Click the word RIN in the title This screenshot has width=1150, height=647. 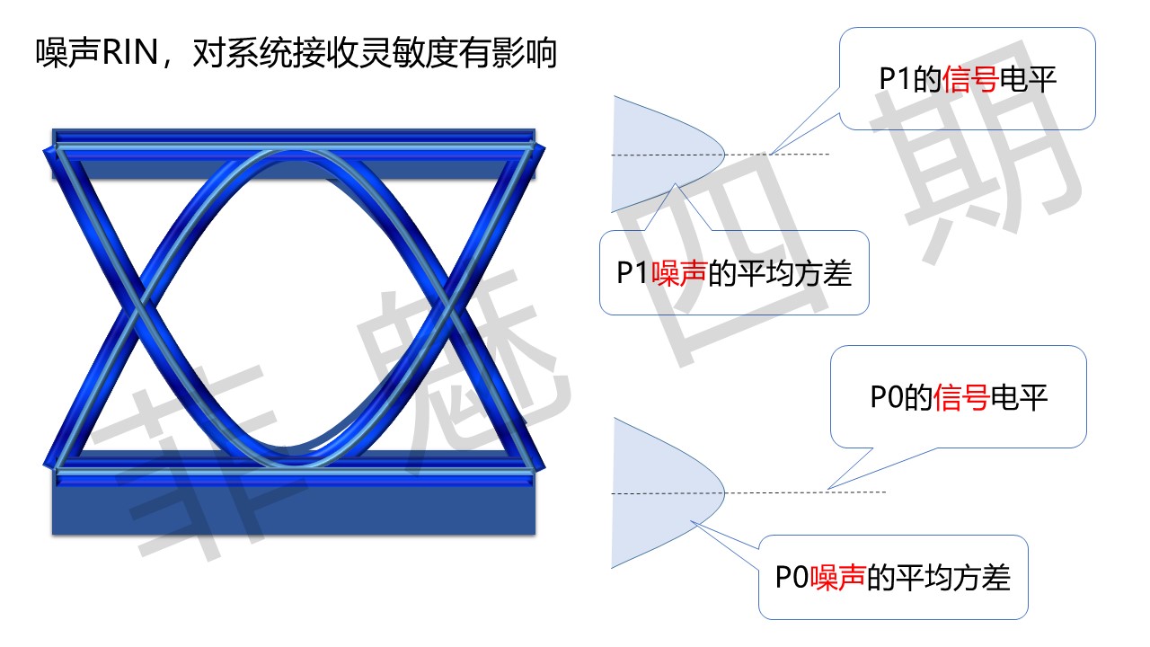click(x=130, y=52)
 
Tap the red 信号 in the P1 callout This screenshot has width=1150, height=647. click(x=970, y=79)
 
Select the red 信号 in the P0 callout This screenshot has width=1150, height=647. click(x=961, y=397)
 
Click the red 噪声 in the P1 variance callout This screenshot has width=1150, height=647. click(x=679, y=272)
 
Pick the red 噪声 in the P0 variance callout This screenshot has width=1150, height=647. click(x=838, y=577)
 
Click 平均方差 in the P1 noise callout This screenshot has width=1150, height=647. click(x=794, y=272)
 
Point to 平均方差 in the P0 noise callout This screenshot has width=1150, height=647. click(x=953, y=577)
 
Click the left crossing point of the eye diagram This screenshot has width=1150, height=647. click(x=137, y=307)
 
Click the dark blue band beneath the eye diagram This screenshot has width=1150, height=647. click(x=294, y=509)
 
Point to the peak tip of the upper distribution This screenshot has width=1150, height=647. click(x=724, y=154)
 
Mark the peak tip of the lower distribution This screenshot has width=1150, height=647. click(x=724, y=493)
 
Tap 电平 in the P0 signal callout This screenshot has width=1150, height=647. click(x=1019, y=397)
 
